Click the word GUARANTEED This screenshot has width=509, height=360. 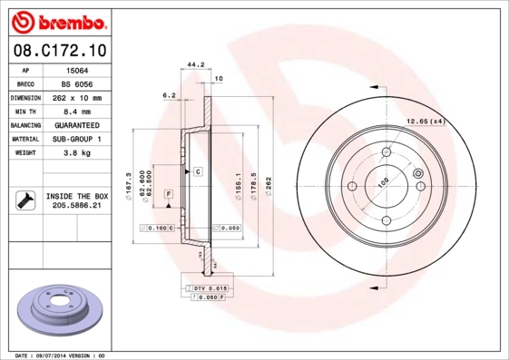[x=77, y=125]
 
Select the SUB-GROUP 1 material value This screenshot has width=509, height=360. [x=78, y=140]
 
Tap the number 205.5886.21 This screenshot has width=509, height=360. [x=77, y=207]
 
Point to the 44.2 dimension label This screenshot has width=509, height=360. [x=193, y=65]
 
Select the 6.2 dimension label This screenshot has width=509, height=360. [x=169, y=94]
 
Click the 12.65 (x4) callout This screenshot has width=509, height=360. [x=425, y=121]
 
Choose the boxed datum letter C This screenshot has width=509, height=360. [x=196, y=170]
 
